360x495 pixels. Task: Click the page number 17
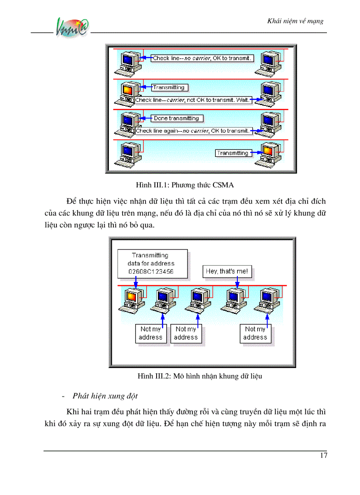point(323,456)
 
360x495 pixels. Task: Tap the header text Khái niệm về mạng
point(296,21)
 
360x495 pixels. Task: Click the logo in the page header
point(73,28)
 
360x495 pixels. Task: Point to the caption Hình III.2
point(200,376)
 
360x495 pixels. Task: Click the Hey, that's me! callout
point(228,272)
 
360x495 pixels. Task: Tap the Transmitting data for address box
point(152,264)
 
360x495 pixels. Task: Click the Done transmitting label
point(176,118)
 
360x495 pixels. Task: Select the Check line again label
point(192,130)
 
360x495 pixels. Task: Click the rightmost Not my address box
point(255,333)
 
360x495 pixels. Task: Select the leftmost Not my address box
point(151,333)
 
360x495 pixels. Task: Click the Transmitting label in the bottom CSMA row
point(232,153)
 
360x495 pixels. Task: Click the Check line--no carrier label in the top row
point(202,58)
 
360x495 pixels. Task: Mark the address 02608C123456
point(150,272)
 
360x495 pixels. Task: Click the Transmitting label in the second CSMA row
point(169,87)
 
